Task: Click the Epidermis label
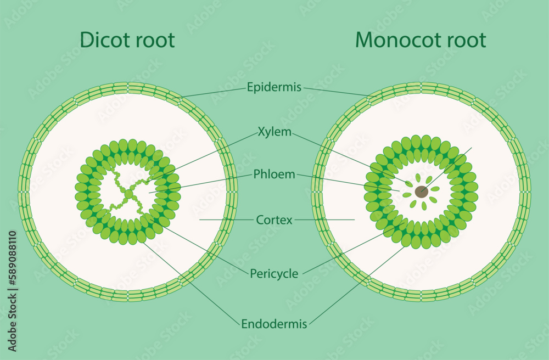pos(274,87)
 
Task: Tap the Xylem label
pos(274,132)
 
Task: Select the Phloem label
pos(274,175)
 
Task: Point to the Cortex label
pos(274,220)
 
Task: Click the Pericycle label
pos(274,273)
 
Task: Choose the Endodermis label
pos(274,324)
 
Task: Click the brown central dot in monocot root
pos(421,192)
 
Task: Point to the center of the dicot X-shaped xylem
pos(128,194)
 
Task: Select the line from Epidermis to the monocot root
pos(338,92)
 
